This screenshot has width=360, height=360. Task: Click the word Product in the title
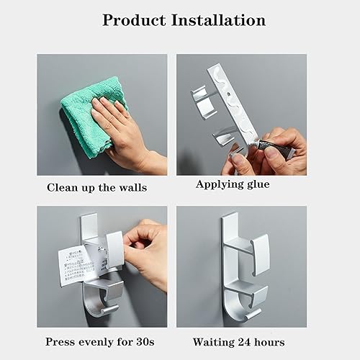click(137, 19)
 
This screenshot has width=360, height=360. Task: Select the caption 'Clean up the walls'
click(96, 188)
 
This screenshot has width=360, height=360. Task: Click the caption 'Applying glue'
click(233, 184)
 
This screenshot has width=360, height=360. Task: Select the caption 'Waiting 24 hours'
click(239, 341)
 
